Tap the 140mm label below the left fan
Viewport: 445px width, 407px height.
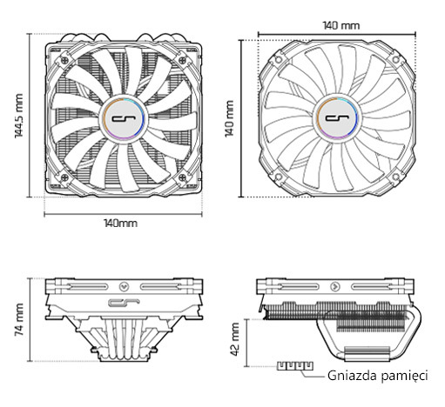click(x=120, y=224)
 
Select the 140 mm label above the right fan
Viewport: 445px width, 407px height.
click(x=340, y=26)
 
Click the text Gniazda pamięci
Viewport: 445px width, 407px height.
click(x=378, y=377)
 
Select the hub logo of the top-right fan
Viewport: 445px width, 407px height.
click(x=340, y=117)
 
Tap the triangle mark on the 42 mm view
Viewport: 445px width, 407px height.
click(x=334, y=285)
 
